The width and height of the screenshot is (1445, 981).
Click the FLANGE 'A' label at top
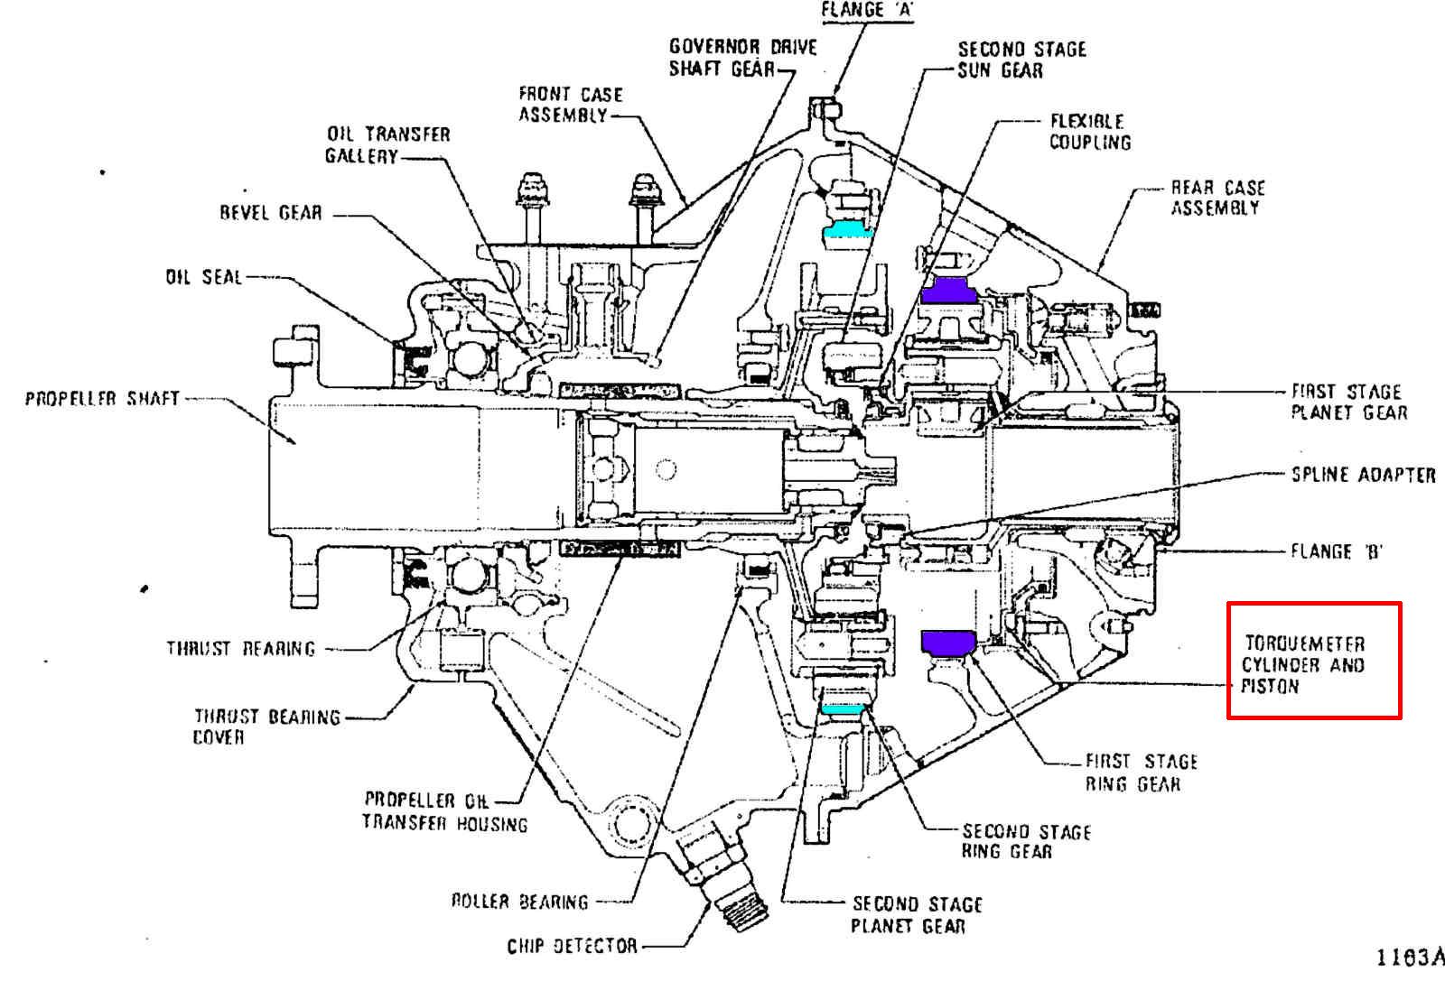[x=867, y=10]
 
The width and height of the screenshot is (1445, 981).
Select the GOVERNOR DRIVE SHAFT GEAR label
[x=743, y=58]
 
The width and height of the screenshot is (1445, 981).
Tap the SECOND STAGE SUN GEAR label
[x=1021, y=60]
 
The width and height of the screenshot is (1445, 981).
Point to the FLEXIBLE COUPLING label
[x=1090, y=132]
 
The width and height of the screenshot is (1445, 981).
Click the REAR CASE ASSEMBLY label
[x=1218, y=198]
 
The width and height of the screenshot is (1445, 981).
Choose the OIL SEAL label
[x=204, y=277]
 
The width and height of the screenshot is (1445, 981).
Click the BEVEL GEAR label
[x=271, y=213]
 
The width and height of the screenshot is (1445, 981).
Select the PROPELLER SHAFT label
[x=102, y=398]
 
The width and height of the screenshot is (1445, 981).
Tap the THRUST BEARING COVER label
[x=267, y=726]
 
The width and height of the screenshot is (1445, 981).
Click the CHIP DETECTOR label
[x=573, y=946]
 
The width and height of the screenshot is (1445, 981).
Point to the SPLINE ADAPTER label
[x=1364, y=475]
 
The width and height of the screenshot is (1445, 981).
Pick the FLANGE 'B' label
[x=1337, y=551]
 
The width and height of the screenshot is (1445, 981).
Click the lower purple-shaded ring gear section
[x=948, y=643]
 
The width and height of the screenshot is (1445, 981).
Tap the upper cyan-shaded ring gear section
[x=848, y=229]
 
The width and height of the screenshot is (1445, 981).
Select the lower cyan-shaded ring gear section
[x=843, y=709]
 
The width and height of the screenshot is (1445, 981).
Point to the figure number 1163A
[x=1410, y=958]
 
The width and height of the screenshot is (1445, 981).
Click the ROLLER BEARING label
[x=520, y=902]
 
